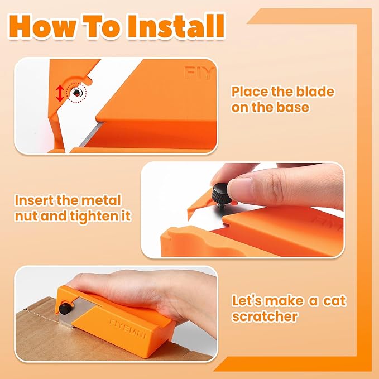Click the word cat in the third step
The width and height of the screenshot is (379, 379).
(334, 301)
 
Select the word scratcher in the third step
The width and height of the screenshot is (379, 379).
(264, 316)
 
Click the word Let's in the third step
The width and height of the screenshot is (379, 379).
(247, 301)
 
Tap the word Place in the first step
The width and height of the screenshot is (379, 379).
(250, 92)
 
